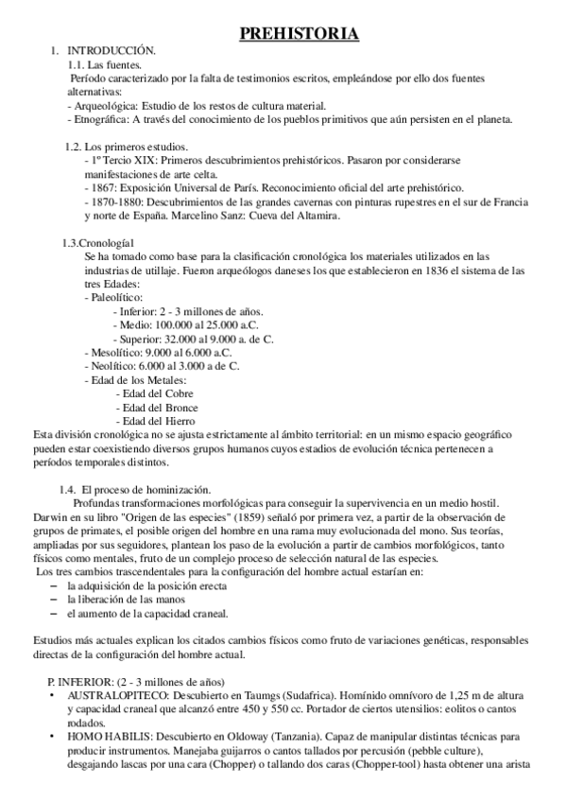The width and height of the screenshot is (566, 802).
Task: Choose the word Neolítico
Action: pos(112,365)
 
